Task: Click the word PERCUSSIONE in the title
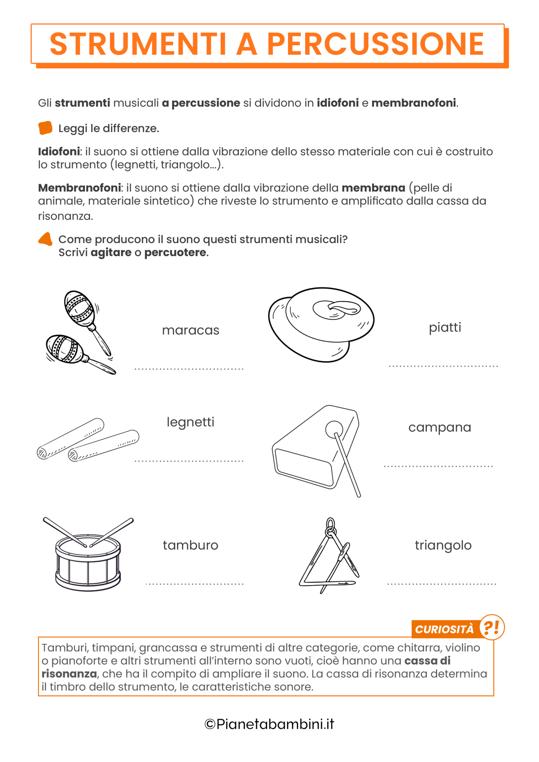pyautogui.click(x=375, y=44)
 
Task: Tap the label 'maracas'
pyautogui.click(x=191, y=330)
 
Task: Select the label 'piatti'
pyautogui.click(x=445, y=327)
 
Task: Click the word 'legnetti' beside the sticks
pyautogui.click(x=190, y=422)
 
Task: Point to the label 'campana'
pyautogui.click(x=440, y=427)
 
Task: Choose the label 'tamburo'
pyautogui.click(x=190, y=545)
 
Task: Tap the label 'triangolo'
pyautogui.click(x=443, y=545)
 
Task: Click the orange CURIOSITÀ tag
pyautogui.click(x=444, y=629)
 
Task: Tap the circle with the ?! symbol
pyautogui.click(x=492, y=627)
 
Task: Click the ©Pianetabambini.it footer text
pyautogui.click(x=269, y=724)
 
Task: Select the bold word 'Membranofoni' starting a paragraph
pyautogui.click(x=79, y=188)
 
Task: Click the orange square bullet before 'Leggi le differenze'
pyautogui.click(x=45, y=128)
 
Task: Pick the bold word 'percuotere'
pyautogui.click(x=175, y=253)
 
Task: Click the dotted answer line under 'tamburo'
pyautogui.click(x=195, y=584)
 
